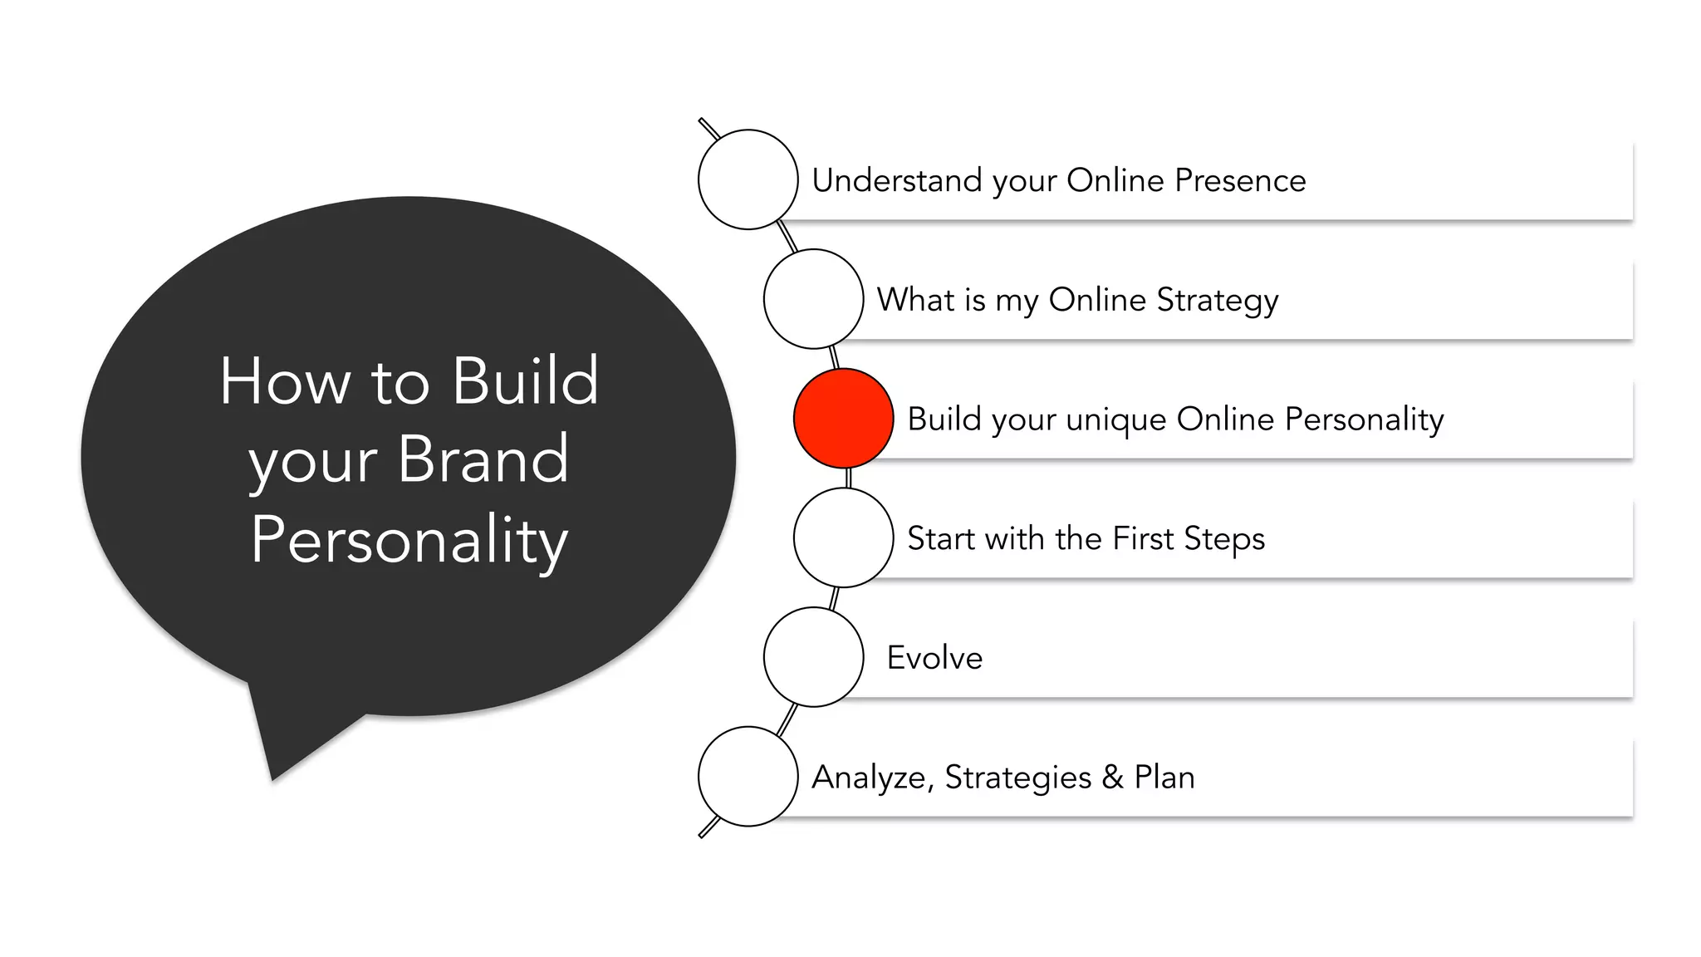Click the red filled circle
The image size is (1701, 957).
coord(843,418)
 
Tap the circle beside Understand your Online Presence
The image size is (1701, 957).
coord(748,179)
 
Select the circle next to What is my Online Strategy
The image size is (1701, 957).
coord(813,299)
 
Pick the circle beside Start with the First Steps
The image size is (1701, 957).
coord(843,537)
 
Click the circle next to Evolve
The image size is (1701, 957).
coord(813,657)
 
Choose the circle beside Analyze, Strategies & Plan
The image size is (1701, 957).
coord(748,777)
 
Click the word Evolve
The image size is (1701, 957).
coord(934,658)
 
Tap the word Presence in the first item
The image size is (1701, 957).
coord(1240,180)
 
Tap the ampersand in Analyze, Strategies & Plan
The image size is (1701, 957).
coord(1112,778)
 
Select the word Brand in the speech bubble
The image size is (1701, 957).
coord(483,459)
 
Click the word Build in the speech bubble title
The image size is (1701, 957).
coord(525,380)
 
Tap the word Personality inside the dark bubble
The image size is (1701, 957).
coord(409,540)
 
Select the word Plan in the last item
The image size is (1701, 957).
coord(1164,778)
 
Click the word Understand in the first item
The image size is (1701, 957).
coord(896,180)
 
